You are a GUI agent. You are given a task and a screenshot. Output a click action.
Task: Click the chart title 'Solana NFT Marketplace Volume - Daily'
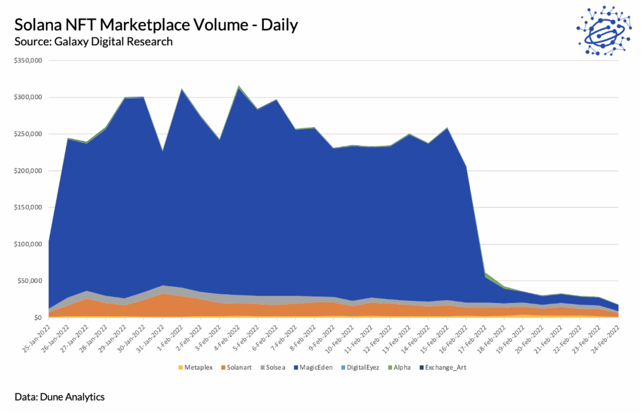click(x=156, y=25)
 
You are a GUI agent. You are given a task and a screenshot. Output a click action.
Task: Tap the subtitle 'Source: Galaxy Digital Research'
click(x=93, y=41)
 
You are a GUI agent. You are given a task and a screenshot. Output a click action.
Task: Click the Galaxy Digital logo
click(x=603, y=31)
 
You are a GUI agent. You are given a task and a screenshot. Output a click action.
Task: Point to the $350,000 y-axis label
click(x=28, y=60)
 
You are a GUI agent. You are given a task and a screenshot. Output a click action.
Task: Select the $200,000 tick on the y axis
click(x=28, y=170)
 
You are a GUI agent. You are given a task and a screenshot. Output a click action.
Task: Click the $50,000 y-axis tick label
click(x=29, y=280)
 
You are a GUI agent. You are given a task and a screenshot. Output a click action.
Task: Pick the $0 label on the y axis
click(x=37, y=317)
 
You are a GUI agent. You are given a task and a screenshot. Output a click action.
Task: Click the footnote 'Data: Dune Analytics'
click(x=60, y=397)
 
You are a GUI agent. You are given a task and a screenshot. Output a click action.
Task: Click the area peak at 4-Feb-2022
click(x=239, y=87)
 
